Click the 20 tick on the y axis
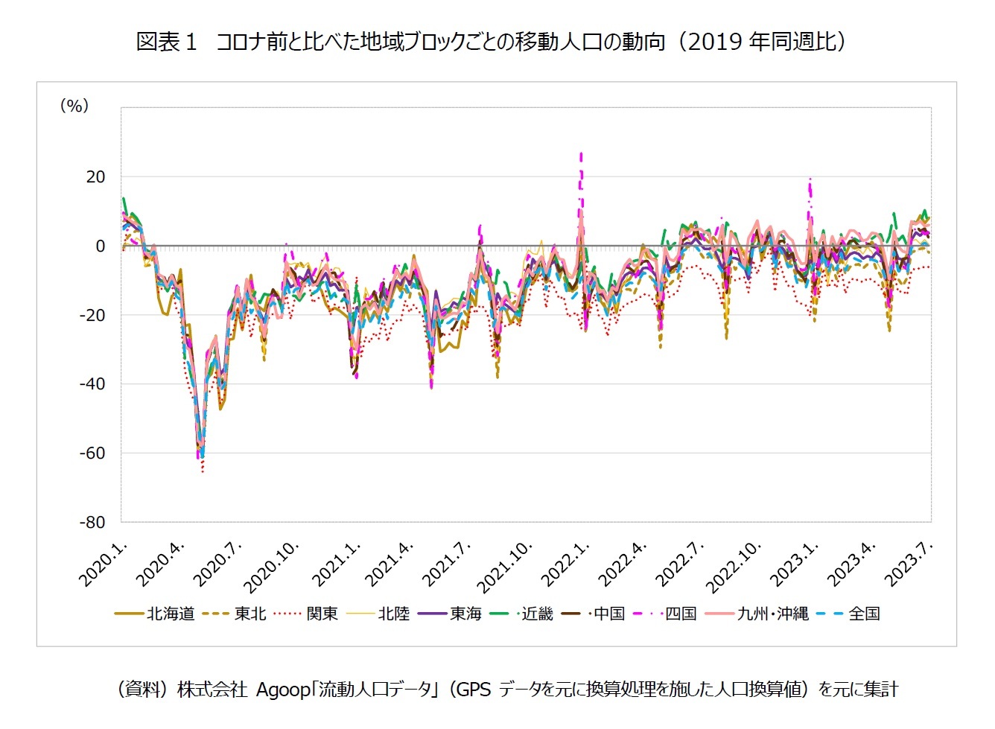(x=95, y=177)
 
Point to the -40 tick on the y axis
(x=92, y=384)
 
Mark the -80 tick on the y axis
(x=92, y=522)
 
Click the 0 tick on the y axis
(x=101, y=246)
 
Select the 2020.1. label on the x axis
(x=104, y=564)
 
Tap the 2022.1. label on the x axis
(x=565, y=564)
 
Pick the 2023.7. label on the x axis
(x=909, y=564)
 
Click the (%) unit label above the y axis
(x=74, y=106)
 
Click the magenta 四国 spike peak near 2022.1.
(x=581, y=154)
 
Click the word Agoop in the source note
(x=283, y=690)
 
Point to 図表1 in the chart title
(x=166, y=42)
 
